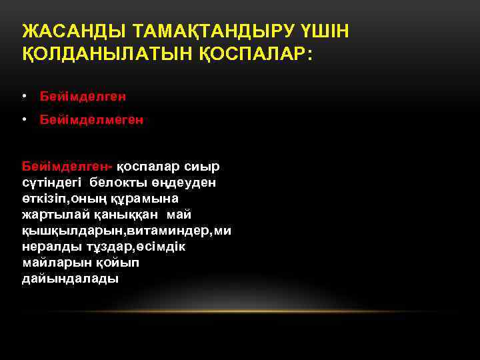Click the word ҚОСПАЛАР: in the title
[257, 54]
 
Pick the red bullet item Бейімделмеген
[91, 120]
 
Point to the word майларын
[51, 263]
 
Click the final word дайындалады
[70, 279]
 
